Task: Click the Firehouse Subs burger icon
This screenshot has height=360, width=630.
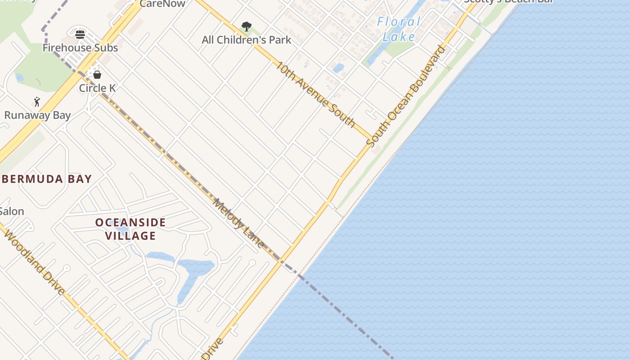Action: [80, 34]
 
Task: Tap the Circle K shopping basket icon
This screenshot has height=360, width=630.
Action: [97, 74]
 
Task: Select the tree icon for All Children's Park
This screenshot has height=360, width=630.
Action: [246, 27]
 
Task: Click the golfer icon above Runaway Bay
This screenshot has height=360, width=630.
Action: [37, 102]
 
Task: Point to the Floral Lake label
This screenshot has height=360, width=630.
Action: [399, 29]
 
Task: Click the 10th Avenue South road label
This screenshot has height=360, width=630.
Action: [315, 94]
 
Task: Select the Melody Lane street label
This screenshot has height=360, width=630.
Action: [238, 223]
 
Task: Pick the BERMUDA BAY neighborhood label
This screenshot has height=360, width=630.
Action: [47, 179]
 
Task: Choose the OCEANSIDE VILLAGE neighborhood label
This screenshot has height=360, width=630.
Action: [130, 229]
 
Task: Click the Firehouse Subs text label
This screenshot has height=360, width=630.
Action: [80, 48]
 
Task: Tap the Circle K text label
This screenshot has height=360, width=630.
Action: [97, 88]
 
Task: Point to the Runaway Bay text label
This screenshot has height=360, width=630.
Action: [37, 115]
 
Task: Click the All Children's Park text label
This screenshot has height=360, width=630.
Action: [246, 40]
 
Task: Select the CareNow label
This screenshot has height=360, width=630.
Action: [162, 4]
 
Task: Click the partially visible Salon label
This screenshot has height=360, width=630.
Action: [12, 211]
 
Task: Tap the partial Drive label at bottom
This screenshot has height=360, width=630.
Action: [212, 349]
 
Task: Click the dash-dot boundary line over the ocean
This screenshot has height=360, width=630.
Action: [346, 315]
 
